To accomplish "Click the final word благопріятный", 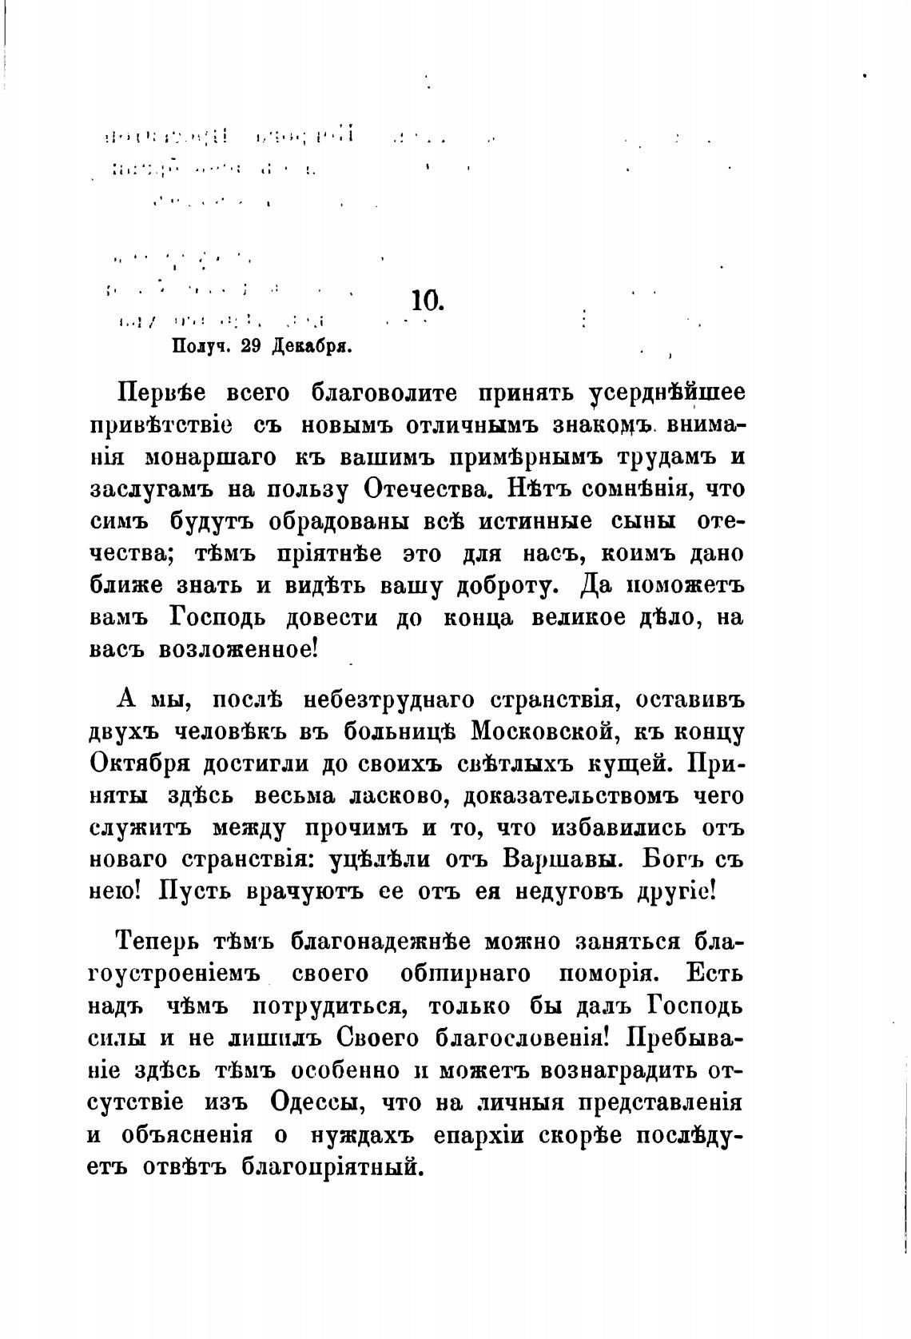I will pos(331,1167).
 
